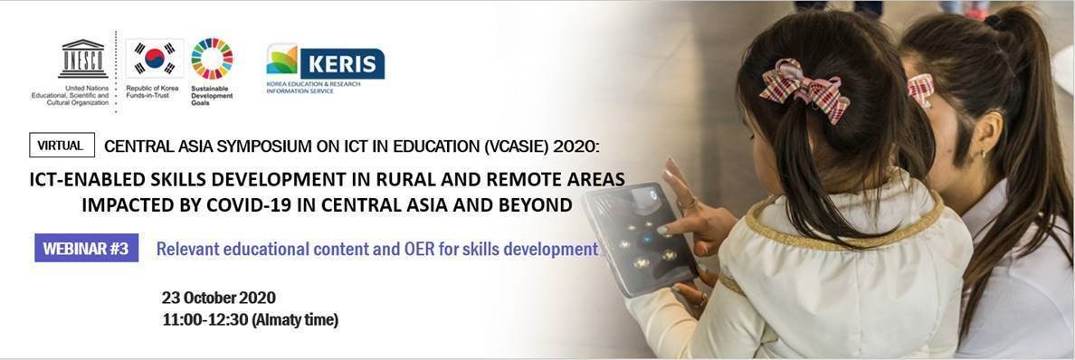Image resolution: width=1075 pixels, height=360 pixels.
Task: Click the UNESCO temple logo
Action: coord(83,59)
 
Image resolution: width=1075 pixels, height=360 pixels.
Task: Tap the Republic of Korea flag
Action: coord(154,59)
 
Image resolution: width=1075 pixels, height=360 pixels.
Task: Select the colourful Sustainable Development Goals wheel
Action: coord(212,59)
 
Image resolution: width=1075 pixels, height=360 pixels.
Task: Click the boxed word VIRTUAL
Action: coord(62,146)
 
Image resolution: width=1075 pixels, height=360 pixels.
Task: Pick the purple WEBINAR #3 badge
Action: coord(86,248)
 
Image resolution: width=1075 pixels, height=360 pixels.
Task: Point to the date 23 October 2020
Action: coord(219,298)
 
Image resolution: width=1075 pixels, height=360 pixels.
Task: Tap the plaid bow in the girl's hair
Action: coord(804,90)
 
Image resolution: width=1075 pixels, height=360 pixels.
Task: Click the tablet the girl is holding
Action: coord(637,237)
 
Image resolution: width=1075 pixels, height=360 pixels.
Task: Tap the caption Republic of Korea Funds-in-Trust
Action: coord(152,92)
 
